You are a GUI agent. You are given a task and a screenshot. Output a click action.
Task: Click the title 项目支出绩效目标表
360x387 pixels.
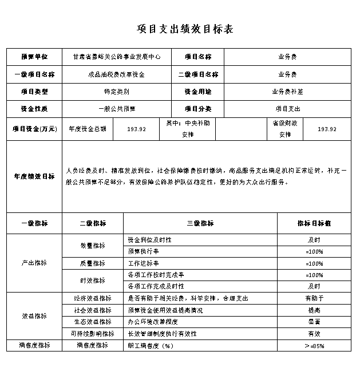pos(184,29)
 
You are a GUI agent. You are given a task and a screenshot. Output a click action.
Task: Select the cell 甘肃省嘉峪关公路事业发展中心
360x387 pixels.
pos(116,57)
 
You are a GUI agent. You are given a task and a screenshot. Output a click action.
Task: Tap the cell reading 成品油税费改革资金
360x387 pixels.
pos(116,74)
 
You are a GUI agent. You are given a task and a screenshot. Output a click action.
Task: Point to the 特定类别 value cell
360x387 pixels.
pos(116,92)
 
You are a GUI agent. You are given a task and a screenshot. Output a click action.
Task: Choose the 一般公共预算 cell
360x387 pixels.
pos(116,109)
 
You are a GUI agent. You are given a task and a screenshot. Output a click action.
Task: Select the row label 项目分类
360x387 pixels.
pos(197,109)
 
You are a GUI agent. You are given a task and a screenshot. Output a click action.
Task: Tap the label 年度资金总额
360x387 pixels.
pos(88,129)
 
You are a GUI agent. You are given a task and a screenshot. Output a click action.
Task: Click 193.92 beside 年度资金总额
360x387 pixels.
pos(137,129)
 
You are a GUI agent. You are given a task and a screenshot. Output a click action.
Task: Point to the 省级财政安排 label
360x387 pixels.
pos(285,129)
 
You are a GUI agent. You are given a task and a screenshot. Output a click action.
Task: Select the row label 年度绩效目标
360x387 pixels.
pos(34,176)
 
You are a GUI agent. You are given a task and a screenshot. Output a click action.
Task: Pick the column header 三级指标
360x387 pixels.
pos(200,223)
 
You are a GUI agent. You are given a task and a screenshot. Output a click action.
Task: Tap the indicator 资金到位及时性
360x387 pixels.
pos(149,239)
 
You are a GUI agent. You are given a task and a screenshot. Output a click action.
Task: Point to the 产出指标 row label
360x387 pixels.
pos(34,263)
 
